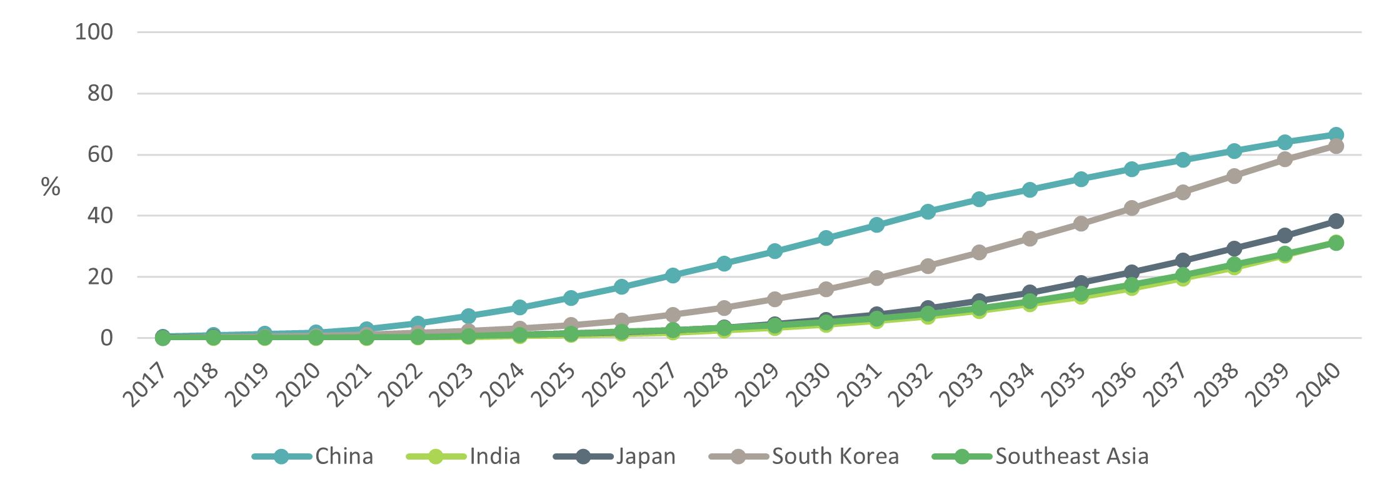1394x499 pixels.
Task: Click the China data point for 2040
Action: pos(1336,134)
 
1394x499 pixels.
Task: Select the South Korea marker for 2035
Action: pos(1081,224)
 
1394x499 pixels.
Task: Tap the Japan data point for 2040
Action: pos(1336,221)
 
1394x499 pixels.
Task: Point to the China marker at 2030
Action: pos(826,238)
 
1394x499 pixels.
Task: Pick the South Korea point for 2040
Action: pos(1336,146)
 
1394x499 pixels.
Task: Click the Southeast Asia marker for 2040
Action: pos(1336,243)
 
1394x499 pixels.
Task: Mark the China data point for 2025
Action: pos(571,298)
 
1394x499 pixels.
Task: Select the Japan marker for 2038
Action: pos(1234,248)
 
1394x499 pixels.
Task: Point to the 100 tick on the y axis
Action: pos(94,32)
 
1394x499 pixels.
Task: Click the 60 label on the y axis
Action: pos(100,154)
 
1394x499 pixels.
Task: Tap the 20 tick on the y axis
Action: pos(100,276)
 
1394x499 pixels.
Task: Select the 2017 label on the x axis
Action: pos(145,386)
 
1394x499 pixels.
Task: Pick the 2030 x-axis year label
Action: pos(808,386)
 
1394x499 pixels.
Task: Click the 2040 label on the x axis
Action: pos(1318,386)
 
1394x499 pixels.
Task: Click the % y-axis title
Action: pos(51,187)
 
